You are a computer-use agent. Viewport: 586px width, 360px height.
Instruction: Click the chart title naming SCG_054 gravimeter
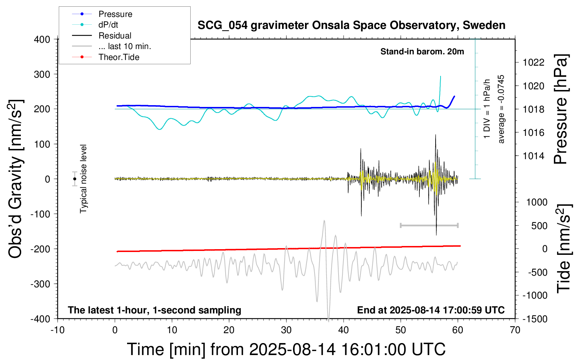coord(351,25)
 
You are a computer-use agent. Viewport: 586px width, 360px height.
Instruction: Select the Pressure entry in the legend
coord(115,14)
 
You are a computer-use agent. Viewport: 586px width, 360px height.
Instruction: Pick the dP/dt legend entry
coord(108,25)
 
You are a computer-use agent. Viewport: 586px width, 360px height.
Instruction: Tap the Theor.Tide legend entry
coord(119,57)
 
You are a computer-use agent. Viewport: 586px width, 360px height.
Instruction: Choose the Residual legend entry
coord(115,36)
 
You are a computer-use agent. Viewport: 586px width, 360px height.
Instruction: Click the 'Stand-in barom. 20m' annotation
coord(422,52)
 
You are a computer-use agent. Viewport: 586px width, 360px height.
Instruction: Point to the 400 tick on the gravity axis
coord(42,39)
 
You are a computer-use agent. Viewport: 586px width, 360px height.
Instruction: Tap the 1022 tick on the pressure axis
coord(533,62)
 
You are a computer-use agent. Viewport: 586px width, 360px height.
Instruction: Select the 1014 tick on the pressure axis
coord(533,156)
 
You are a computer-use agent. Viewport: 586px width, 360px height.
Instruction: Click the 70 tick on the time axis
coord(515,330)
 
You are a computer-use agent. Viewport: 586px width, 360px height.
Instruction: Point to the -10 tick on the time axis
coord(58,330)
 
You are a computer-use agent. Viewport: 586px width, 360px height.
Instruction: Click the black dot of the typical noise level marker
coord(74,179)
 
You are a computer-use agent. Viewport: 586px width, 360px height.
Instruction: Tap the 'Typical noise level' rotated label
coord(83,179)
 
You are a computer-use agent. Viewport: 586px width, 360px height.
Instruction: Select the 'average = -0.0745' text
coord(501,109)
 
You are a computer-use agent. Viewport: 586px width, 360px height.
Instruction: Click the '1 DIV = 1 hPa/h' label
coord(487,109)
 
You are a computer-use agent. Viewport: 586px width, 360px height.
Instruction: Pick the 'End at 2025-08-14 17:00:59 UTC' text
coord(431,310)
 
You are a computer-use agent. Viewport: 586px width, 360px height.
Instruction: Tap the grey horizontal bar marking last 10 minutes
coord(429,225)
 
